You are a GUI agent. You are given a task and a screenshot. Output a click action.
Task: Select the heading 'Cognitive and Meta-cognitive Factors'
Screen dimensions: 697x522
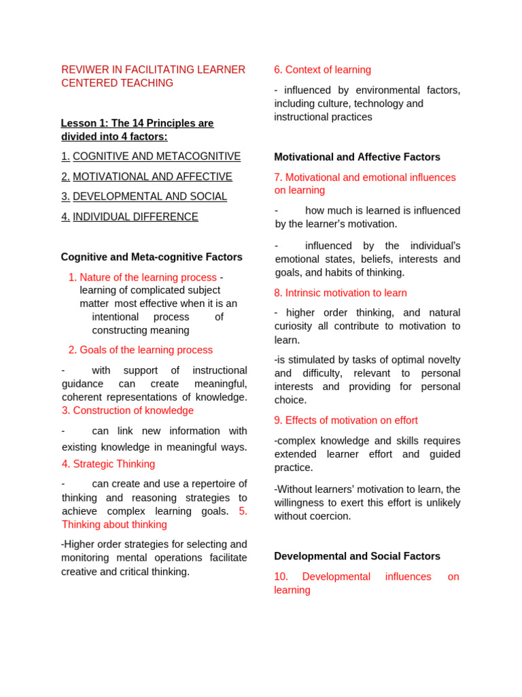click(152, 257)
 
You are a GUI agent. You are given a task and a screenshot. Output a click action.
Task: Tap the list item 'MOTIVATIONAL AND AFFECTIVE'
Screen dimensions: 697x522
click(152, 177)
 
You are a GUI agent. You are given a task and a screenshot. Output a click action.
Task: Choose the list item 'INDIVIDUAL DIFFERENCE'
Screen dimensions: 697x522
click(135, 217)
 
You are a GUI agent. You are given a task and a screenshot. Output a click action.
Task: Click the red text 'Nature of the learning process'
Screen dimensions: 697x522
click(148, 278)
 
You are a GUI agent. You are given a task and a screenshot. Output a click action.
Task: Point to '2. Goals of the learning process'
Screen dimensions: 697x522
click(141, 350)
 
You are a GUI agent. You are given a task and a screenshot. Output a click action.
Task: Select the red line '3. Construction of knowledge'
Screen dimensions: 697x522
click(128, 410)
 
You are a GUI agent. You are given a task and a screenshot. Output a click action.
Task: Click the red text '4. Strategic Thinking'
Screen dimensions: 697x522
click(109, 464)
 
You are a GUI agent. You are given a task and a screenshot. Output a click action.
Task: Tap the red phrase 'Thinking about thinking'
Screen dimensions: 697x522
click(114, 525)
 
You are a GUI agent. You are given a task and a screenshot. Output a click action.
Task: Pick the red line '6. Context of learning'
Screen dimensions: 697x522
click(323, 69)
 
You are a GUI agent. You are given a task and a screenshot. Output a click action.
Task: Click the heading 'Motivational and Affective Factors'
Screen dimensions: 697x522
click(357, 157)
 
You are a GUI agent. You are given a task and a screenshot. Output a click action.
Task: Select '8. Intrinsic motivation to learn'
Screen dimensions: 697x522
click(341, 293)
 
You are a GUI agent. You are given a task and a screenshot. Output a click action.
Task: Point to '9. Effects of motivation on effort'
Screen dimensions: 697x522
click(346, 421)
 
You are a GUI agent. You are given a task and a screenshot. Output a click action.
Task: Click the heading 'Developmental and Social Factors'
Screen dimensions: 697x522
click(357, 556)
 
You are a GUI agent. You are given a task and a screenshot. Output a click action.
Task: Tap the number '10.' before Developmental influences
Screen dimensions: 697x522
click(281, 577)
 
